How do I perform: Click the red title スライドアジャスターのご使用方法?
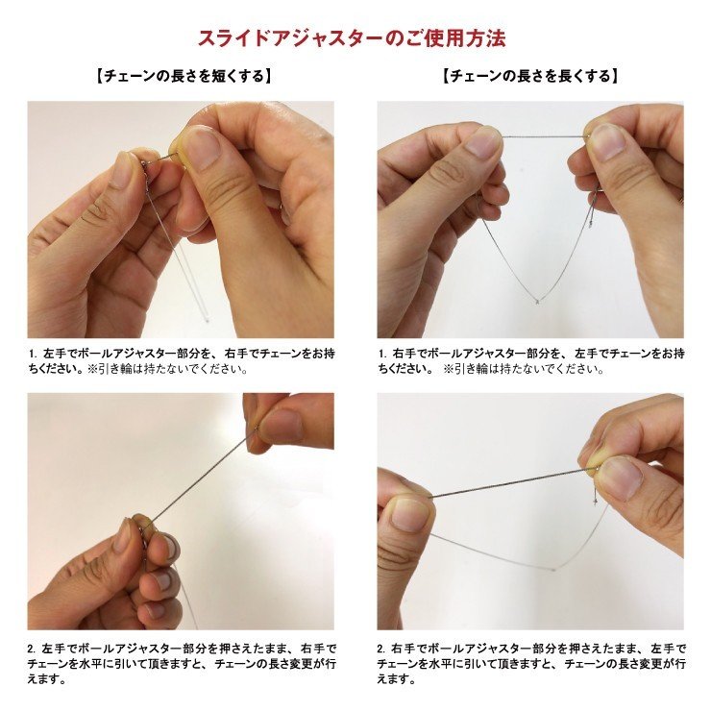pyautogui.click(x=352, y=38)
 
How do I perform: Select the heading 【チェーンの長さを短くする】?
pyautogui.click(x=183, y=75)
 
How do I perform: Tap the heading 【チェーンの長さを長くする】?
pyautogui.click(x=529, y=75)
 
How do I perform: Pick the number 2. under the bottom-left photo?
pyautogui.click(x=32, y=650)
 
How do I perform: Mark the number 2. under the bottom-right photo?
pyautogui.click(x=381, y=650)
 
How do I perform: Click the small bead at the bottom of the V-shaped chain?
pyautogui.click(x=536, y=302)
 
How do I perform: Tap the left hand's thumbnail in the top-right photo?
pyautogui.click(x=483, y=144)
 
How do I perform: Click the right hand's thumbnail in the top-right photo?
pyautogui.click(x=607, y=142)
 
